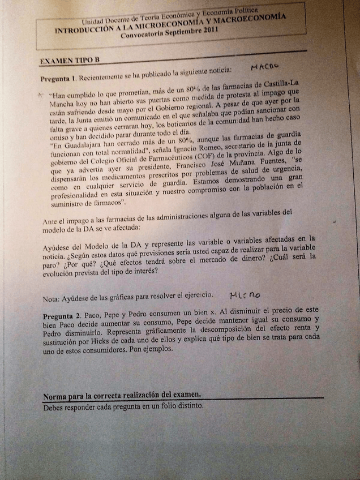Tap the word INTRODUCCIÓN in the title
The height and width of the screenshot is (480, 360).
tap(79, 31)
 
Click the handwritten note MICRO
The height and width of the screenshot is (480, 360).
tap(245, 294)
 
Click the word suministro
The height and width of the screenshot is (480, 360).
tap(59, 202)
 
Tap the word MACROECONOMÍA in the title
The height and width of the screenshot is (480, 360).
tap(245, 19)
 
